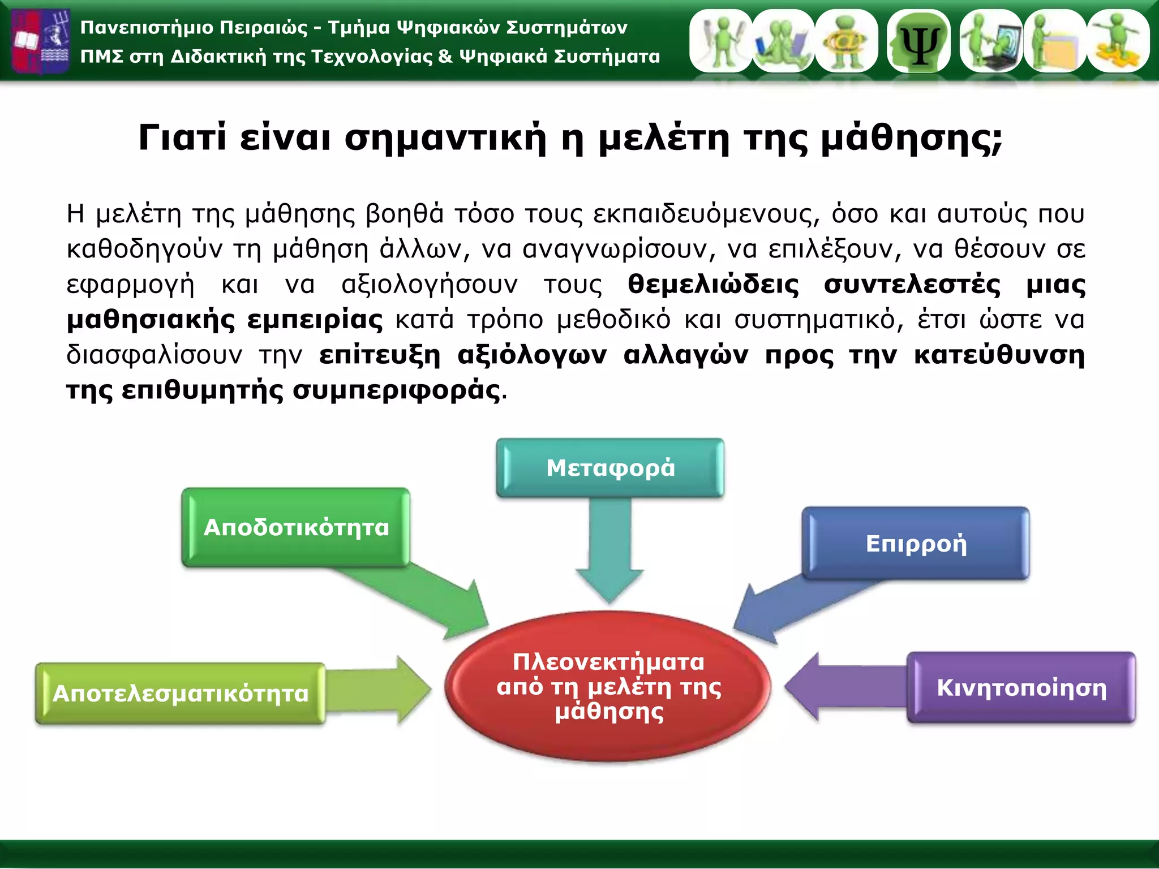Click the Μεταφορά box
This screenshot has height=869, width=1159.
(x=610, y=468)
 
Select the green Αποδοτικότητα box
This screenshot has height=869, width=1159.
(x=296, y=527)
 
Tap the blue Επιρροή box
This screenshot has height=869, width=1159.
(x=916, y=544)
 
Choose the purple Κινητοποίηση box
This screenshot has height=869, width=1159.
(x=1021, y=688)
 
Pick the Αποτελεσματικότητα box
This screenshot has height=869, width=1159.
(x=180, y=694)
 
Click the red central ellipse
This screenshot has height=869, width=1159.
(x=608, y=687)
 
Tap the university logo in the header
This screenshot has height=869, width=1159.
(x=41, y=41)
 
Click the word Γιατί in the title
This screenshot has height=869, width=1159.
(x=182, y=137)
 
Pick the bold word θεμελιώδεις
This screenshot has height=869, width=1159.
(x=713, y=284)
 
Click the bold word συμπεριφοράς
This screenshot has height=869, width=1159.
(x=396, y=390)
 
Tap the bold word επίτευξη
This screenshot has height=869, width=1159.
(x=380, y=355)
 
